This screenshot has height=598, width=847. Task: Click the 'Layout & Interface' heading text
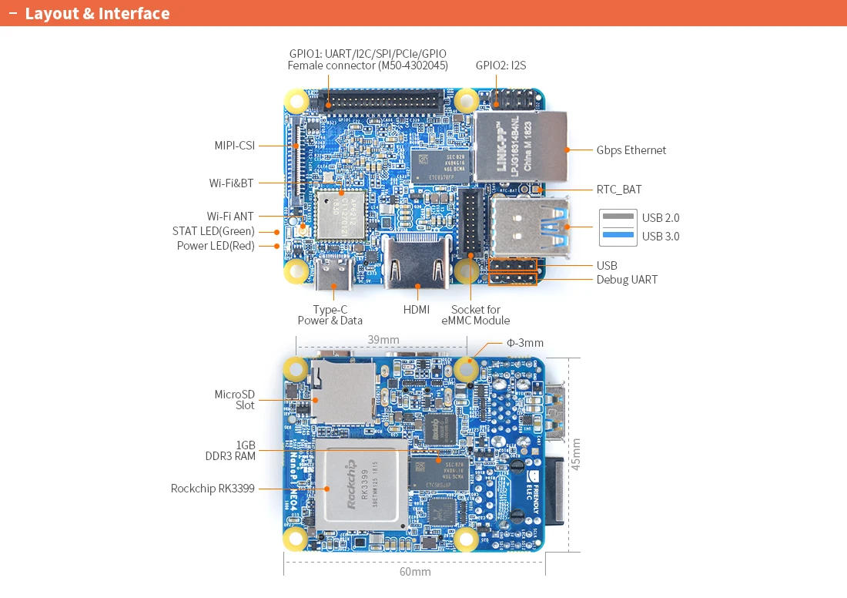coord(97,14)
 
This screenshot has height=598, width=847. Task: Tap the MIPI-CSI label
coord(234,145)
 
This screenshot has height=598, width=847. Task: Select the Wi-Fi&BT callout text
coord(231,183)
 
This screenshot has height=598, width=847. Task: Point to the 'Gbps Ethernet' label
coord(631,150)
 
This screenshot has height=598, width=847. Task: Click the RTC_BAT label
coord(618,189)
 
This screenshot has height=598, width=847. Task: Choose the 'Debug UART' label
coord(627,280)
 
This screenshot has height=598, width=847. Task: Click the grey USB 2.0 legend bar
coord(618,218)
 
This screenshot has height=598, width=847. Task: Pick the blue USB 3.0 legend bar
coord(618,236)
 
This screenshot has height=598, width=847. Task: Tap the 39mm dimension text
coord(383,340)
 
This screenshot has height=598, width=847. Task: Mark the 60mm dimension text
coord(415,572)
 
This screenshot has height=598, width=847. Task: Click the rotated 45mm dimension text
coord(576,454)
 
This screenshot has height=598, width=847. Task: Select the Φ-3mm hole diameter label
coord(524,343)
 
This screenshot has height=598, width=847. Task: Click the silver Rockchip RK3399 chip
coord(361,487)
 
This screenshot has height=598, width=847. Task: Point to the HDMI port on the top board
coord(417,265)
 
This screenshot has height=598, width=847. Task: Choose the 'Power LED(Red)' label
coord(216,246)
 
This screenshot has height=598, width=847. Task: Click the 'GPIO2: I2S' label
coord(500,66)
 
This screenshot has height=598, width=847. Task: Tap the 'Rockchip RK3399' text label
coord(213,488)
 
